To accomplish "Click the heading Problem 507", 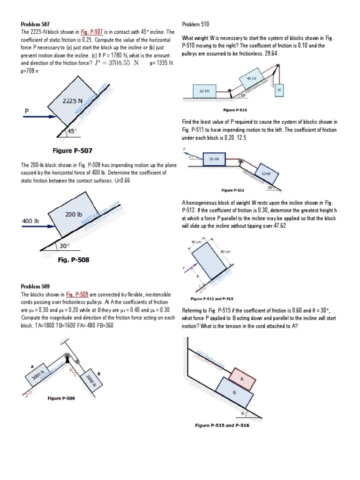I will point(36,24).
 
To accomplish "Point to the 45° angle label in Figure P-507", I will point(72,131).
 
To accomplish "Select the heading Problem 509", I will point(36,286).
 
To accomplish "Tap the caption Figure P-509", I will point(61,398).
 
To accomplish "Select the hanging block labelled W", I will point(279,89).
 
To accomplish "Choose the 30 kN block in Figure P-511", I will point(214,159).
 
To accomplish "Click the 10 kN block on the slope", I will point(266,173).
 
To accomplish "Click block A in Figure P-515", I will point(242,378).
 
